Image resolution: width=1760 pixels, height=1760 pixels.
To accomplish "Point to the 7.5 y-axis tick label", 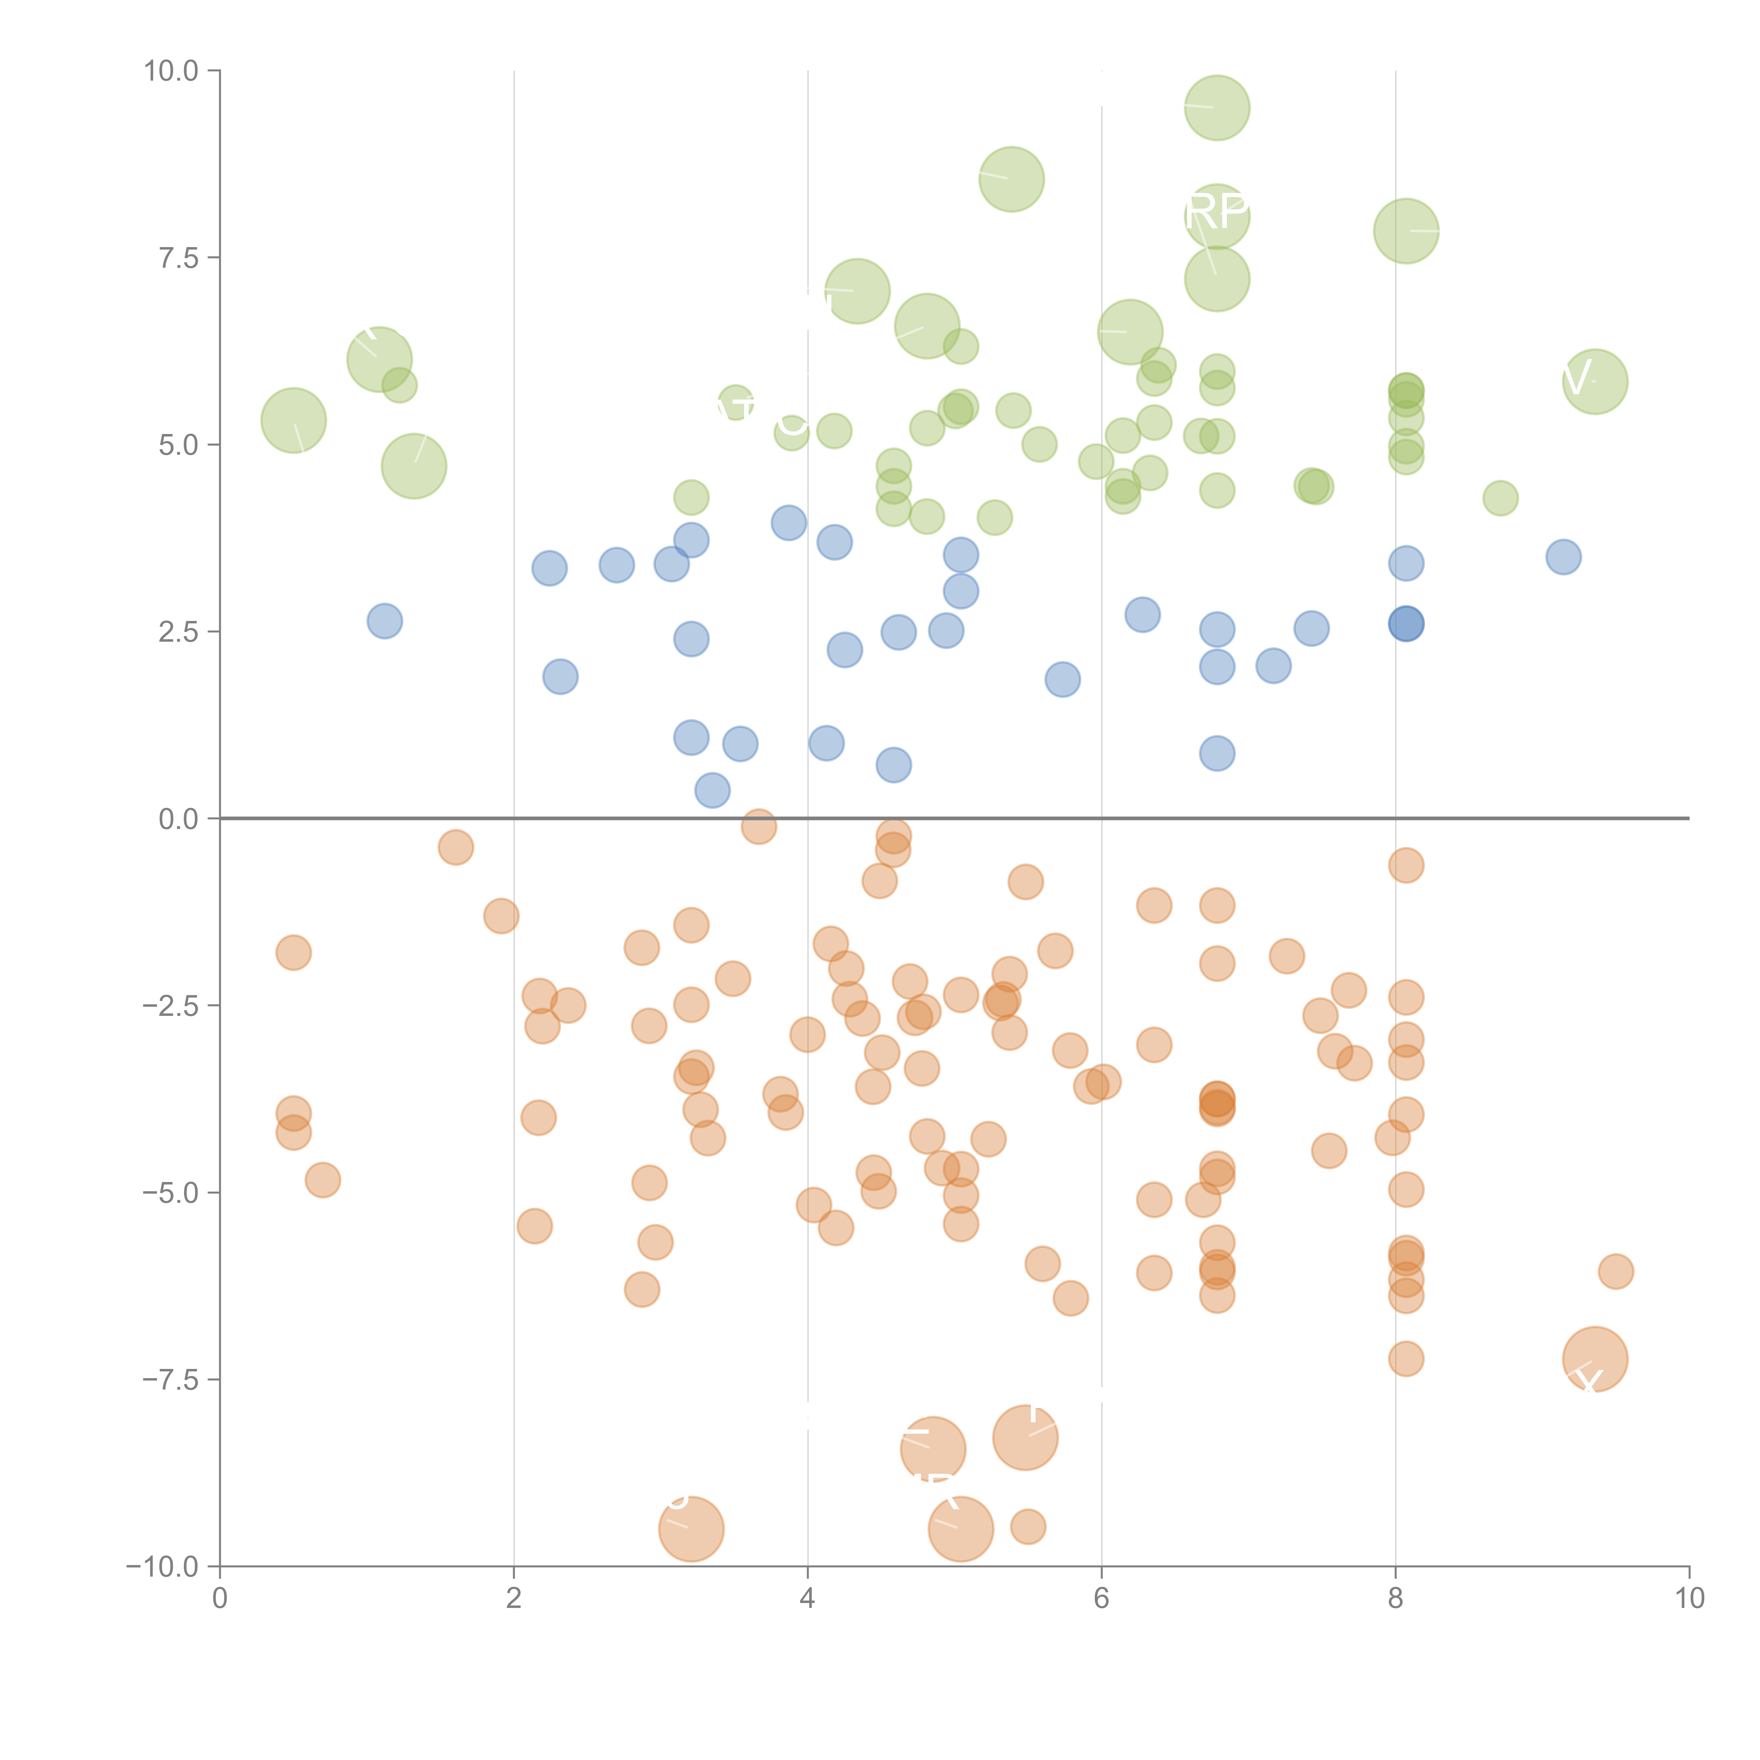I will (x=178, y=258).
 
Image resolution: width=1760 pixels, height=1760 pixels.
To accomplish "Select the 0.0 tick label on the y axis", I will (x=178, y=819).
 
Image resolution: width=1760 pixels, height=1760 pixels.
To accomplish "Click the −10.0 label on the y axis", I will (x=162, y=1567).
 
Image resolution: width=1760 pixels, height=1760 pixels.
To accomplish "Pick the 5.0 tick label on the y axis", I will (x=178, y=446).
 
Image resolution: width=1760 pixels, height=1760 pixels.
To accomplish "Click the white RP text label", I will (x=1217, y=211).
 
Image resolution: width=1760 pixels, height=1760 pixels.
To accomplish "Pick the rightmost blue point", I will (x=1563, y=557).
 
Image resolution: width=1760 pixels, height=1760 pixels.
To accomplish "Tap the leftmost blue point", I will (x=384, y=621).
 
